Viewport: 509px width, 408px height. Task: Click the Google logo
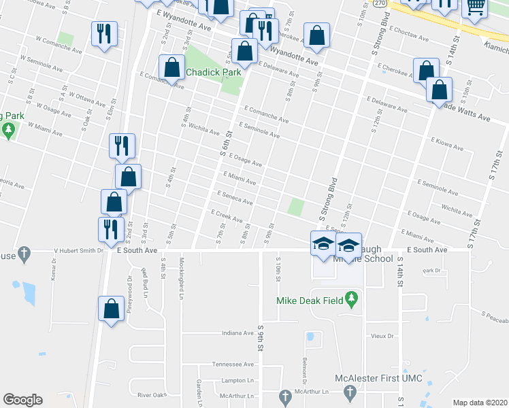[22, 400]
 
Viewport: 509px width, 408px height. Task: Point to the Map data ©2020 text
[480, 403]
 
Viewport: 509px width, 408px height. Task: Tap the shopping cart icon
[475, 7]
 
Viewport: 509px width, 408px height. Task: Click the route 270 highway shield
[380, 3]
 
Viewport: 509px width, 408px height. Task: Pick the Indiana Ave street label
[237, 333]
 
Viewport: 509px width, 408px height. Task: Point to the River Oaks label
[152, 394]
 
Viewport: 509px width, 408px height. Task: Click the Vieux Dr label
[383, 336]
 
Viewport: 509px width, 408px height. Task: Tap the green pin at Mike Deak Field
[351, 299]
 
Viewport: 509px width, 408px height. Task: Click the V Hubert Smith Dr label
[78, 250]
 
